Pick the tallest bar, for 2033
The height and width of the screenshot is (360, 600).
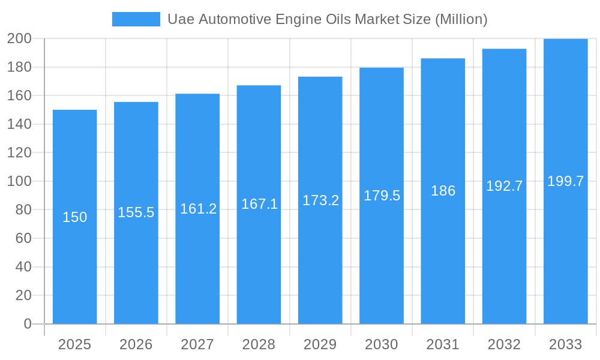565,252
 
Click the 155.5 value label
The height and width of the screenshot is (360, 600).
136,212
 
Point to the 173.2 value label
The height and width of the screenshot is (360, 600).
320,200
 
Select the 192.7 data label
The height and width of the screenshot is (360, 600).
504,186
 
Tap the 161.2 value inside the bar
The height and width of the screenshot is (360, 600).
198,209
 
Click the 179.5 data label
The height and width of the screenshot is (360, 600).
382,196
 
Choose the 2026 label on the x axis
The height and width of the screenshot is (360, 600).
136,344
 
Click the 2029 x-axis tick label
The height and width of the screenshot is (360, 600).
320,344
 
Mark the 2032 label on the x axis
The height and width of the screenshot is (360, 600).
504,344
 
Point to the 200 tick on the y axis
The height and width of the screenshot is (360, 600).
19,39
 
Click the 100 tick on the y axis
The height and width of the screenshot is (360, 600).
19,181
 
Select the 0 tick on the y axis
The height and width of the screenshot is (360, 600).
28,324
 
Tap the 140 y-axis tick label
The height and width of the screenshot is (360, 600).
19,124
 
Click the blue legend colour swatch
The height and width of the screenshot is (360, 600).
136,19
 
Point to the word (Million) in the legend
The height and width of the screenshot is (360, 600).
460,19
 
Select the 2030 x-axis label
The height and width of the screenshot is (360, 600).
382,344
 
